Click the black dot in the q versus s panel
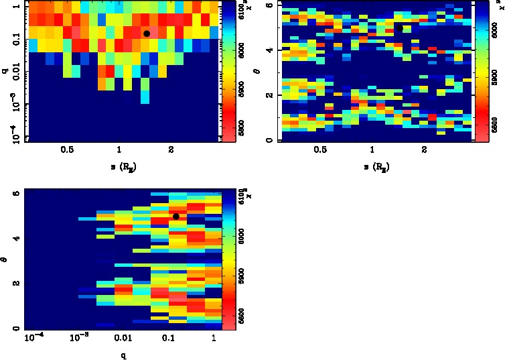point(147,34)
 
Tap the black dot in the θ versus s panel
point(399,28)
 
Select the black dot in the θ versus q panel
point(176,217)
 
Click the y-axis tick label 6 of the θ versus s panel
point(269,5)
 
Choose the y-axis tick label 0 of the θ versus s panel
point(269,140)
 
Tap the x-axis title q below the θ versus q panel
point(124,355)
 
